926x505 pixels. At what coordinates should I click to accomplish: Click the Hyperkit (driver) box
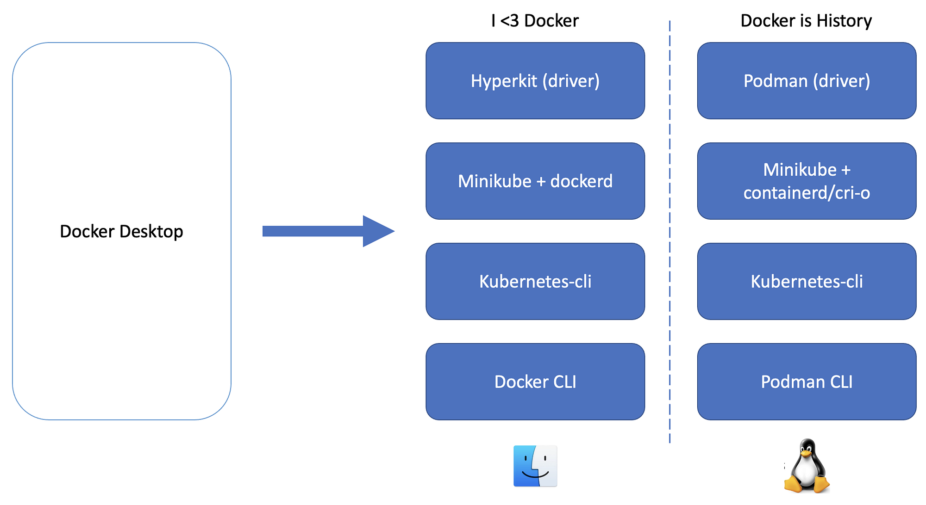click(x=535, y=81)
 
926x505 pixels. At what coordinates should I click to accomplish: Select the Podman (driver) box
click(x=807, y=81)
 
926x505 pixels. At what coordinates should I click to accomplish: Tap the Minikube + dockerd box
click(x=535, y=181)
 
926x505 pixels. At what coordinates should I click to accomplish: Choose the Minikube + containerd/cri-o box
click(x=807, y=181)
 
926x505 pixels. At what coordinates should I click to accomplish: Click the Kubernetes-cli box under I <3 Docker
click(x=535, y=281)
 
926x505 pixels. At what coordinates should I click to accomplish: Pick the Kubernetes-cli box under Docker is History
click(x=807, y=281)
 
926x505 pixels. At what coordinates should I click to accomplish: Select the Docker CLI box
click(x=535, y=382)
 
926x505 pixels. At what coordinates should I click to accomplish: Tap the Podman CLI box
click(x=807, y=382)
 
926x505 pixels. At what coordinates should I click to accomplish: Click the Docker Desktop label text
click(x=121, y=231)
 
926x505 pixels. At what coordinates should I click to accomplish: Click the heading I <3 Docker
click(x=535, y=21)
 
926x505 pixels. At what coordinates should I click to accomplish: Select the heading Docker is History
click(x=806, y=21)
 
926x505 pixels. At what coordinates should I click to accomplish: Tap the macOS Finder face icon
click(x=535, y=466)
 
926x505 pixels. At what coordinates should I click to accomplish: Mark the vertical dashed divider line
click(x=669, y=231)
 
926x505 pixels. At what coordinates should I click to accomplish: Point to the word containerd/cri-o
click(x=807, y=193)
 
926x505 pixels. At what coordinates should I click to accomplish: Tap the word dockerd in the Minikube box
click(x=581, y=181)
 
